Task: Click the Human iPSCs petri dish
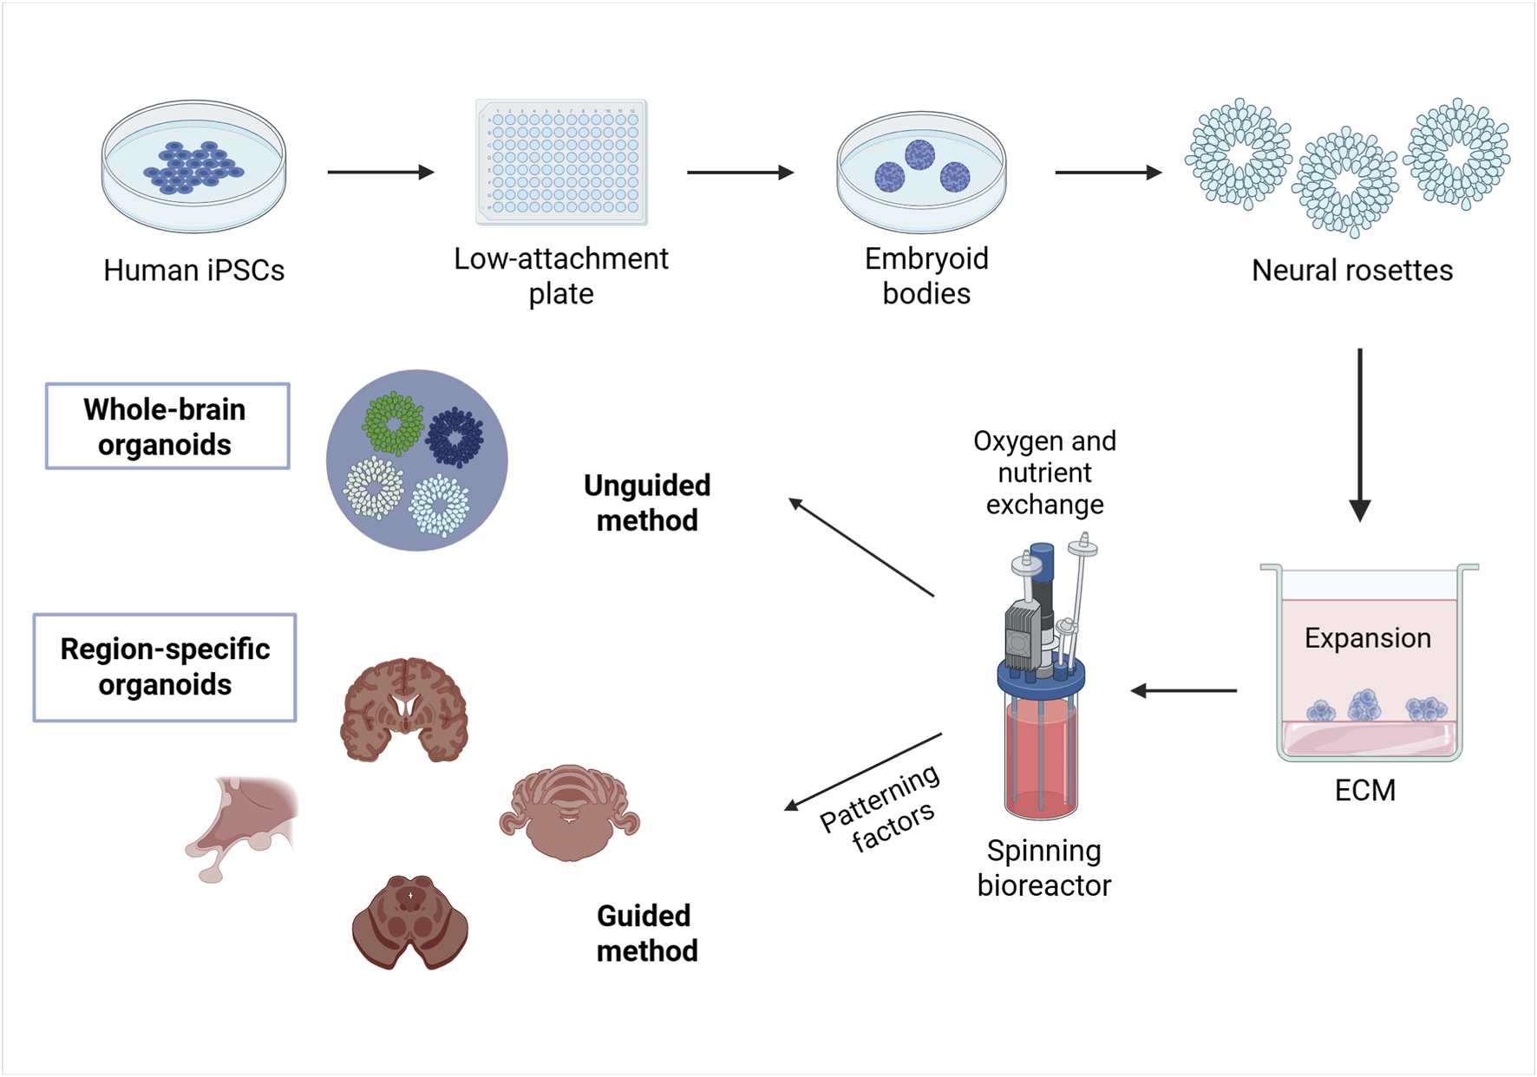[193, 166]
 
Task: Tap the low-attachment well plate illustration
[561, 162]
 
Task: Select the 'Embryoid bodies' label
[925, 276]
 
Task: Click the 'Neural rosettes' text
[1351, 271]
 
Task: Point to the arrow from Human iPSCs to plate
[380, 172]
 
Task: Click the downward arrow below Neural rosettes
[1359, 434]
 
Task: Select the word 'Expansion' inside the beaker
[1367, 638]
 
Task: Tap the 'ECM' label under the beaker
[1364, 791]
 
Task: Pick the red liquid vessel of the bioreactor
[1040, 759]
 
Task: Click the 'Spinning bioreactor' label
[1043, 868]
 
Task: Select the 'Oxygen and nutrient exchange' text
[1044, 473]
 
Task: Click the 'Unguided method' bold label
[647, 503]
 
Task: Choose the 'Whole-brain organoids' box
[167, 427]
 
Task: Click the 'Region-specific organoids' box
[165, 667]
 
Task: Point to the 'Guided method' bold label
[647, 933]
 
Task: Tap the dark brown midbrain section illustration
[409, 921]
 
